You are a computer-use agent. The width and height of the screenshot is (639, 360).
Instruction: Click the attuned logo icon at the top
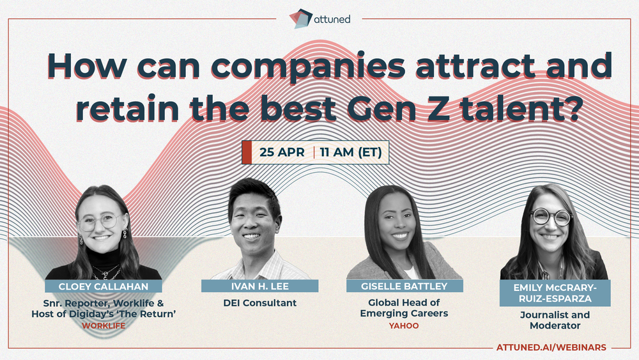tap(301, 19)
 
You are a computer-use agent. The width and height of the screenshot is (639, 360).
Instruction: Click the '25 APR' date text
tap(282, 152)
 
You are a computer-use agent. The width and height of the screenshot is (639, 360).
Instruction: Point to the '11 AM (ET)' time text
tap(351, 152)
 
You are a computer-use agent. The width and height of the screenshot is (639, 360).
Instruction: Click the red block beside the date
tap(247, 152)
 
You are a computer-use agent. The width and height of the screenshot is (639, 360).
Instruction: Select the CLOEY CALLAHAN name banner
tap(103, 286)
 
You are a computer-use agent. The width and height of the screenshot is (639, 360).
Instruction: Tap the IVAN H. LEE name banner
tap(259, 286)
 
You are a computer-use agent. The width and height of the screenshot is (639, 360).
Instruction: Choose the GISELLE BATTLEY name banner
tap(404, 286)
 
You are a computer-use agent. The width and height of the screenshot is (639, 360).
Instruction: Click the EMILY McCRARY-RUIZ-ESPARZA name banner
tap(555, 293)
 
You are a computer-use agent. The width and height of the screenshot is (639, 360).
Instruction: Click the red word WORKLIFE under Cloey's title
tap(104, 325)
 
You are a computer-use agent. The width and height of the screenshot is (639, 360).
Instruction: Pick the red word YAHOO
tap(404, 325)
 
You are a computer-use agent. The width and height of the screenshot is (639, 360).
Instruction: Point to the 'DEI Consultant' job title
tap(260, 303)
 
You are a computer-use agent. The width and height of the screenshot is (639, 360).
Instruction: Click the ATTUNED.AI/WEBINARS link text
tap(551, 347)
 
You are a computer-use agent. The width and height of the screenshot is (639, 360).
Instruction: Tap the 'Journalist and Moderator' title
tap(555, 320)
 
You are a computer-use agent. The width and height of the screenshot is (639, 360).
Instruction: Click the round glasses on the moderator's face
tap(551, 217)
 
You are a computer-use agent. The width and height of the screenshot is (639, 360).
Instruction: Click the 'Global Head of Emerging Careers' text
tap(404, 308)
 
